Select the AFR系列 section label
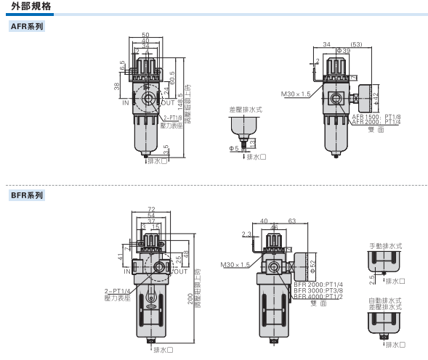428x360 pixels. pyautogui.click(x=27, y=27)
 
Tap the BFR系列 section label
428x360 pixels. pyautogui.click(x=27, y=195)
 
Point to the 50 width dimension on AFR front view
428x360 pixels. pyautogui.click(x=145, y=36)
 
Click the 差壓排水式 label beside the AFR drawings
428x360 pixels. pyautogui.click(x=245, y=109)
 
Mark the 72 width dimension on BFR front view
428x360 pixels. pyautogui.click(x=151, y=209)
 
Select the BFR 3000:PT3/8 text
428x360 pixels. pyautogui.click(x=318, y=291)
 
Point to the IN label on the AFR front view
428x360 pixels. pyautogui.click(x=126, y=103)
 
